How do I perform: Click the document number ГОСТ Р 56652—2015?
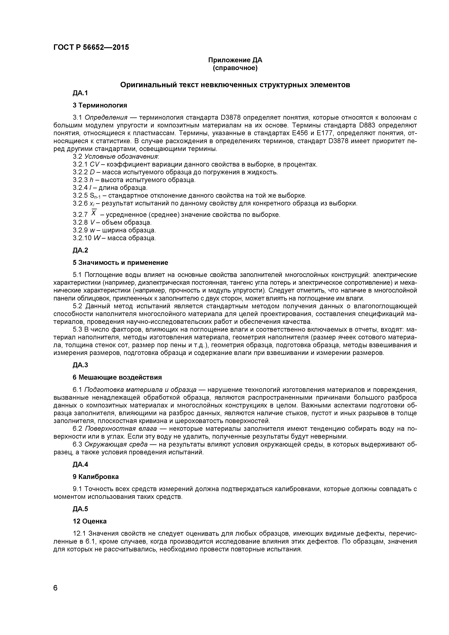point(91,47)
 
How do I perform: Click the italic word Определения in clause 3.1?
point(106,117)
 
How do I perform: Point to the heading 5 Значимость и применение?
point(120,262)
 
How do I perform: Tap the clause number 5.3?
point(77,329)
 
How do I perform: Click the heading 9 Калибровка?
point(96,477)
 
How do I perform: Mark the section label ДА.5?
point(80,509)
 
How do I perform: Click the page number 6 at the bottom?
point(56,596)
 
